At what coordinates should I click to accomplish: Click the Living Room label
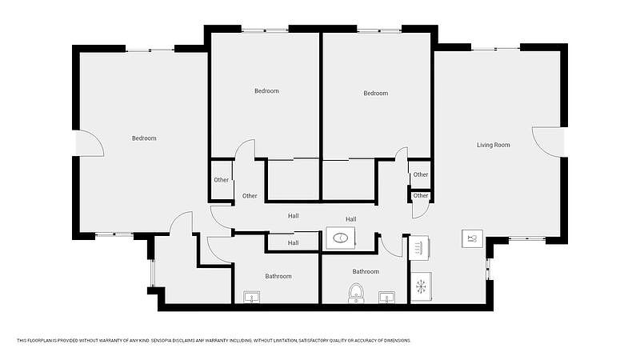[493, 145]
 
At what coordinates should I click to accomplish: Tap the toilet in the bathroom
[356, 293]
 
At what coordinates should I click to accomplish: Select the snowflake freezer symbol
[421, 286]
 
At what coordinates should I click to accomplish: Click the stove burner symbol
[418, 247]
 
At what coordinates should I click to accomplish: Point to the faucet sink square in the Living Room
[473, 238]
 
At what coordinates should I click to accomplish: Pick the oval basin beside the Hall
[341, 238]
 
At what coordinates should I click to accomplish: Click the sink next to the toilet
[386, 298]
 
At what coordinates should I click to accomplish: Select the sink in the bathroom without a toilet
[251, 298]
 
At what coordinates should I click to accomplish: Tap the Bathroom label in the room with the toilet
[366, 271]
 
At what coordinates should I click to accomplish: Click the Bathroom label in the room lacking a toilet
[278, 276]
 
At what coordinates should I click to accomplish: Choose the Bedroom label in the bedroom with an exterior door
[144, 138]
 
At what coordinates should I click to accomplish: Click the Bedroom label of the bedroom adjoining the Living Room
[375, 93]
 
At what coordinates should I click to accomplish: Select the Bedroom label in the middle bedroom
[266, 91]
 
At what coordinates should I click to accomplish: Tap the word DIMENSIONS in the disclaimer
[398, 341]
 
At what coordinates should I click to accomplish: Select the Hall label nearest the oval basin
[350, 219]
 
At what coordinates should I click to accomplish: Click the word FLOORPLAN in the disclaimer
[38, 341]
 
